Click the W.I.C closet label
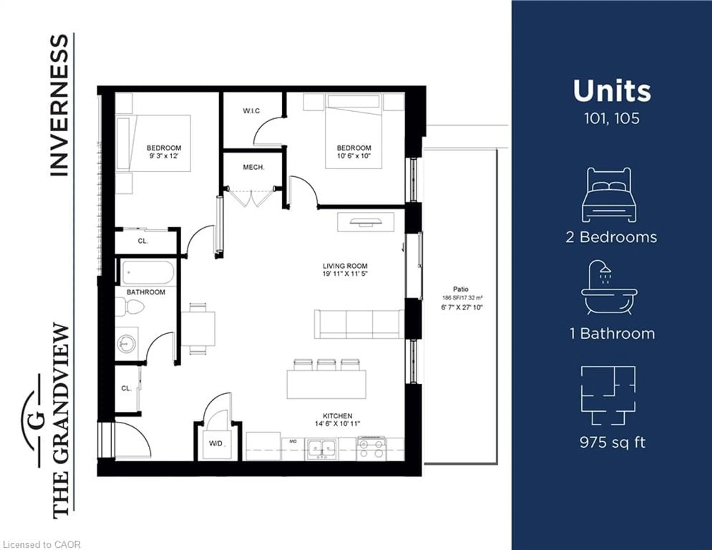click(251, 111)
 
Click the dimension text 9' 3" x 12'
click(164, 156)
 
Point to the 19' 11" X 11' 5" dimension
click(345, 274)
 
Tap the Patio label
click(461, 289)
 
